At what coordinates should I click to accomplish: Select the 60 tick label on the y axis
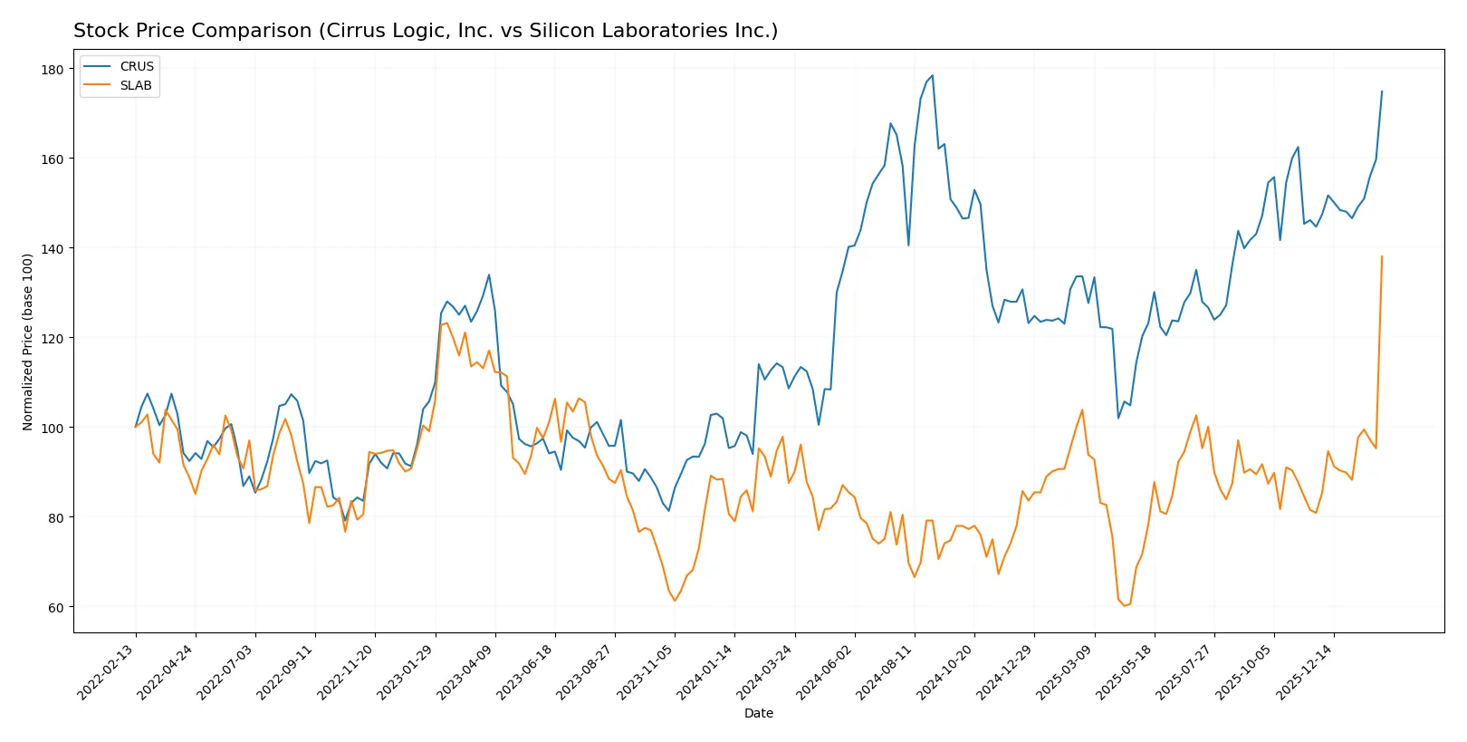click(55, 608)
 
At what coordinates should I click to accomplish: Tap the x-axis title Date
click(758, 714)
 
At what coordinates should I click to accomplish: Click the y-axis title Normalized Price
click(28, 342)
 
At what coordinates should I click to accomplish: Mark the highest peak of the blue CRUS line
click(932, 76)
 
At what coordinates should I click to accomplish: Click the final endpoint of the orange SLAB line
click(1382, 256)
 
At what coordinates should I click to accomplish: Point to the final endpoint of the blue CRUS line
click(1382, 91)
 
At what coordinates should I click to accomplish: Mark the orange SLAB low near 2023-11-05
click(674, 601)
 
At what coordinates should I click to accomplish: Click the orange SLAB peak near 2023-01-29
click(446, 323)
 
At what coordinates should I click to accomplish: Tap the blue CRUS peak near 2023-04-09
click(489, 275)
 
